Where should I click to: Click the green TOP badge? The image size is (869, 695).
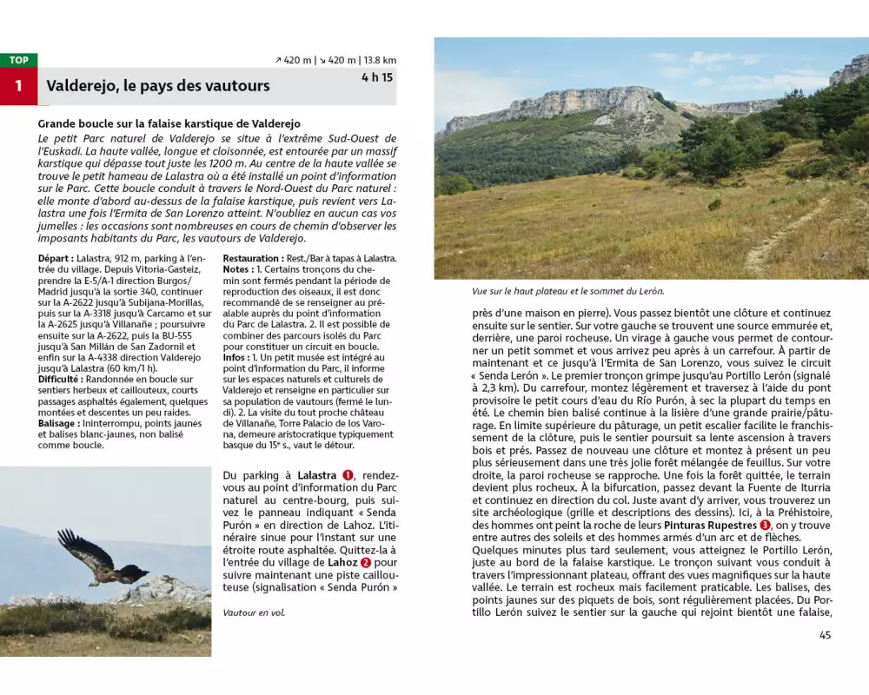18,60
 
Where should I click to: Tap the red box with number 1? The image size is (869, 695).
18,86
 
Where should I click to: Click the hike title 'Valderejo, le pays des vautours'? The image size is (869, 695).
158,86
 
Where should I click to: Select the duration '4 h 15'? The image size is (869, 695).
377,77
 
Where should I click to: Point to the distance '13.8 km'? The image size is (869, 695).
380,60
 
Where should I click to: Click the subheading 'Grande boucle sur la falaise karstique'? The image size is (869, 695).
169,124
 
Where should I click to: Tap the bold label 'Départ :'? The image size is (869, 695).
56,258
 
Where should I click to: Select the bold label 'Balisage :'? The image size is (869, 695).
60,423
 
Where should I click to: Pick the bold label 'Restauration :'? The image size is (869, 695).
252,258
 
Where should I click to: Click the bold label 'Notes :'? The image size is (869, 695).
240,269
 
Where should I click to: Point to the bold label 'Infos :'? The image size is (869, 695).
238,356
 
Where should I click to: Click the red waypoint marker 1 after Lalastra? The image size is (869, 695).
348,475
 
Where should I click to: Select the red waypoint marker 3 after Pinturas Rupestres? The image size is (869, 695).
765,526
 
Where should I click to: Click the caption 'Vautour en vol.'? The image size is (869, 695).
254,612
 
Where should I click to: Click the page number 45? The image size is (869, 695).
825,635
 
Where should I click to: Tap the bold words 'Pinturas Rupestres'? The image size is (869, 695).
712,526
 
